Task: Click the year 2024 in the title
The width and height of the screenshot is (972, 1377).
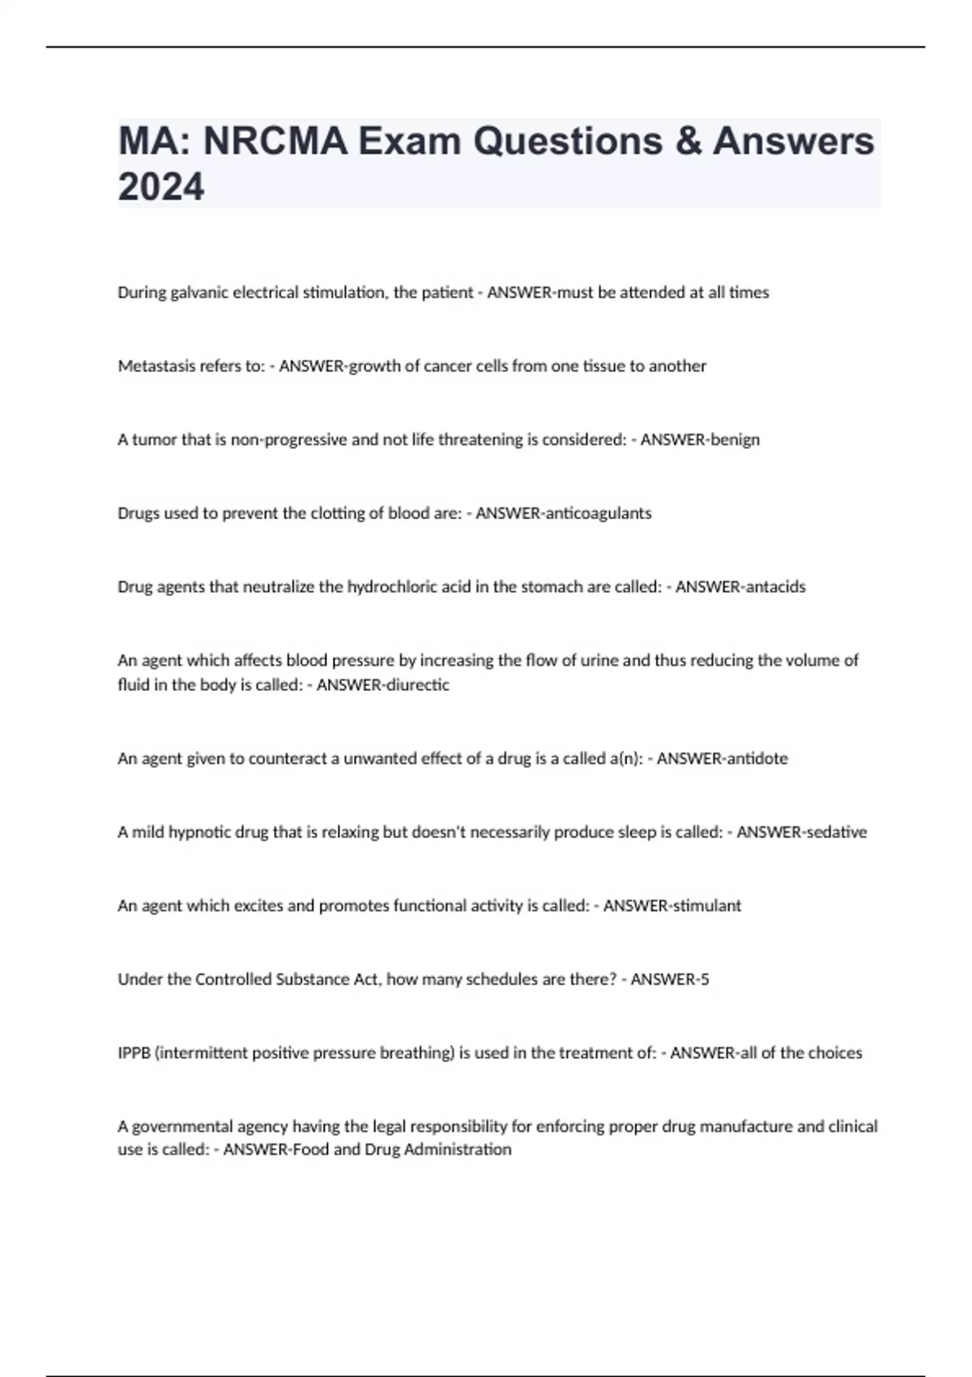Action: click(x=161, y=187)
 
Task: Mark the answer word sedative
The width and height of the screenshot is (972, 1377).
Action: click(x=835, y=833)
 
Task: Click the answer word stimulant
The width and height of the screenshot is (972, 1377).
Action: click(x=707, y=906)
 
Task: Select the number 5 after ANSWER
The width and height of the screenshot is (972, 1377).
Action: click(x=705, y=979)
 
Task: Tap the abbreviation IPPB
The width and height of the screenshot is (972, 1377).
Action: click(x=134, y=1053)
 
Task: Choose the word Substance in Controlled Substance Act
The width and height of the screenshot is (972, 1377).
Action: click(x=312, y=979)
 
